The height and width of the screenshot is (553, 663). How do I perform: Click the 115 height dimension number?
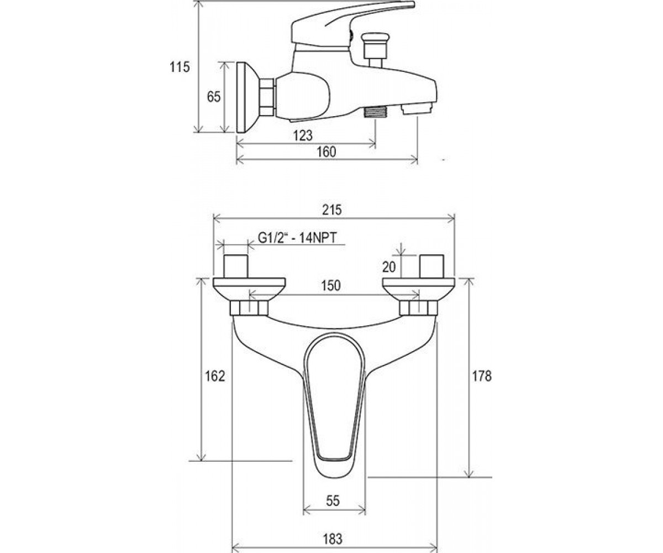180,67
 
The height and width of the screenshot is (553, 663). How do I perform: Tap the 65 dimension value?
213,97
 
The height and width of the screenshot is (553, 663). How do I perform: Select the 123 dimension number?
303,135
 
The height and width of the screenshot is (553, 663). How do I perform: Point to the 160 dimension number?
327,152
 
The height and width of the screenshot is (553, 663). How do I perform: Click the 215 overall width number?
331,210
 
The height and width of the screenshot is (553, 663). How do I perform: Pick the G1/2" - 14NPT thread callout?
297,238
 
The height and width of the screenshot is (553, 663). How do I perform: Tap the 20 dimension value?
389,267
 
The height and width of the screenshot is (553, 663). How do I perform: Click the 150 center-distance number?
331,285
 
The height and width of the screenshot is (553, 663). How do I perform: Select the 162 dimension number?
215,376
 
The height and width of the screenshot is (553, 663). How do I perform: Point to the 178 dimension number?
482,376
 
